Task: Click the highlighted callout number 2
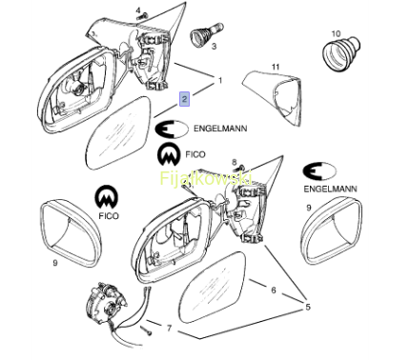[185, 99]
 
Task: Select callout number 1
[220, 81]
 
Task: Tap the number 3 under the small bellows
[214, 47]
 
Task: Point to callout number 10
[336, 33]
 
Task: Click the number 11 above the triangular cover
[276, 67]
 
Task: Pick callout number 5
[308, 308]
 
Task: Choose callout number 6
[274, 290]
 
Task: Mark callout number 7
[169, 328]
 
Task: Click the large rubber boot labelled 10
[341, 54]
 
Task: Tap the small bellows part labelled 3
[207, 33]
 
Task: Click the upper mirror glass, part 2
[118, 132]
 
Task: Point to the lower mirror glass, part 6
[213, 288]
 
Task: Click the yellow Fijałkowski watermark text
[206, 178]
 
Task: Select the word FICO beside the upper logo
[195, 154]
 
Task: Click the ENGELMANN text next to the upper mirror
[220, 129]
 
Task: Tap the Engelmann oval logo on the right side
[319, 171]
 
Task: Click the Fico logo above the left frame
[106, 197]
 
